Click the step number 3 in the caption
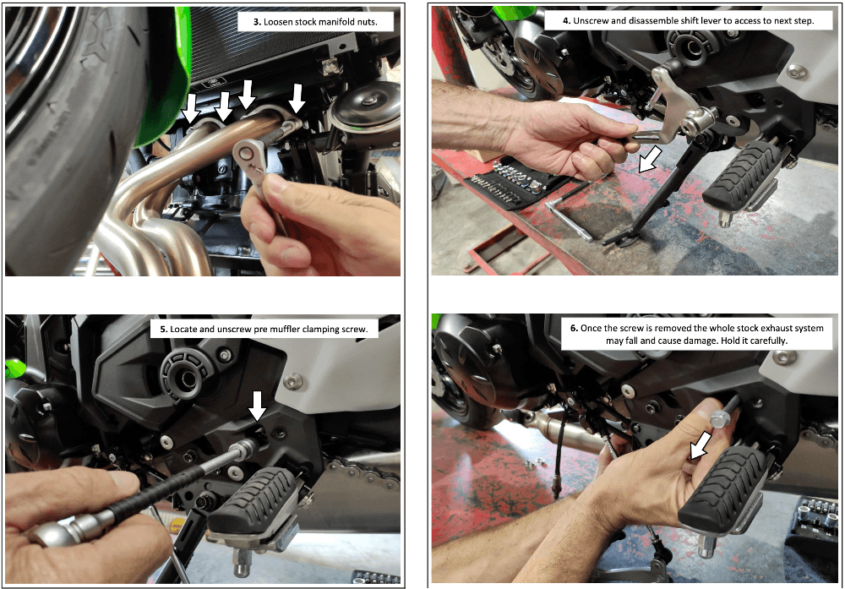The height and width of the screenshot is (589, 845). [x=257, y=22]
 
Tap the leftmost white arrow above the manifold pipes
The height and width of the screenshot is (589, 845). [x=191, y=107]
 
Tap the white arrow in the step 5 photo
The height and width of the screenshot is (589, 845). [x=257, y=406]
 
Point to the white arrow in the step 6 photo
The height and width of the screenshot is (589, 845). [x=700, y=446]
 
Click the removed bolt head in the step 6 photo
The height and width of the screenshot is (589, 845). [x=717, y=418]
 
